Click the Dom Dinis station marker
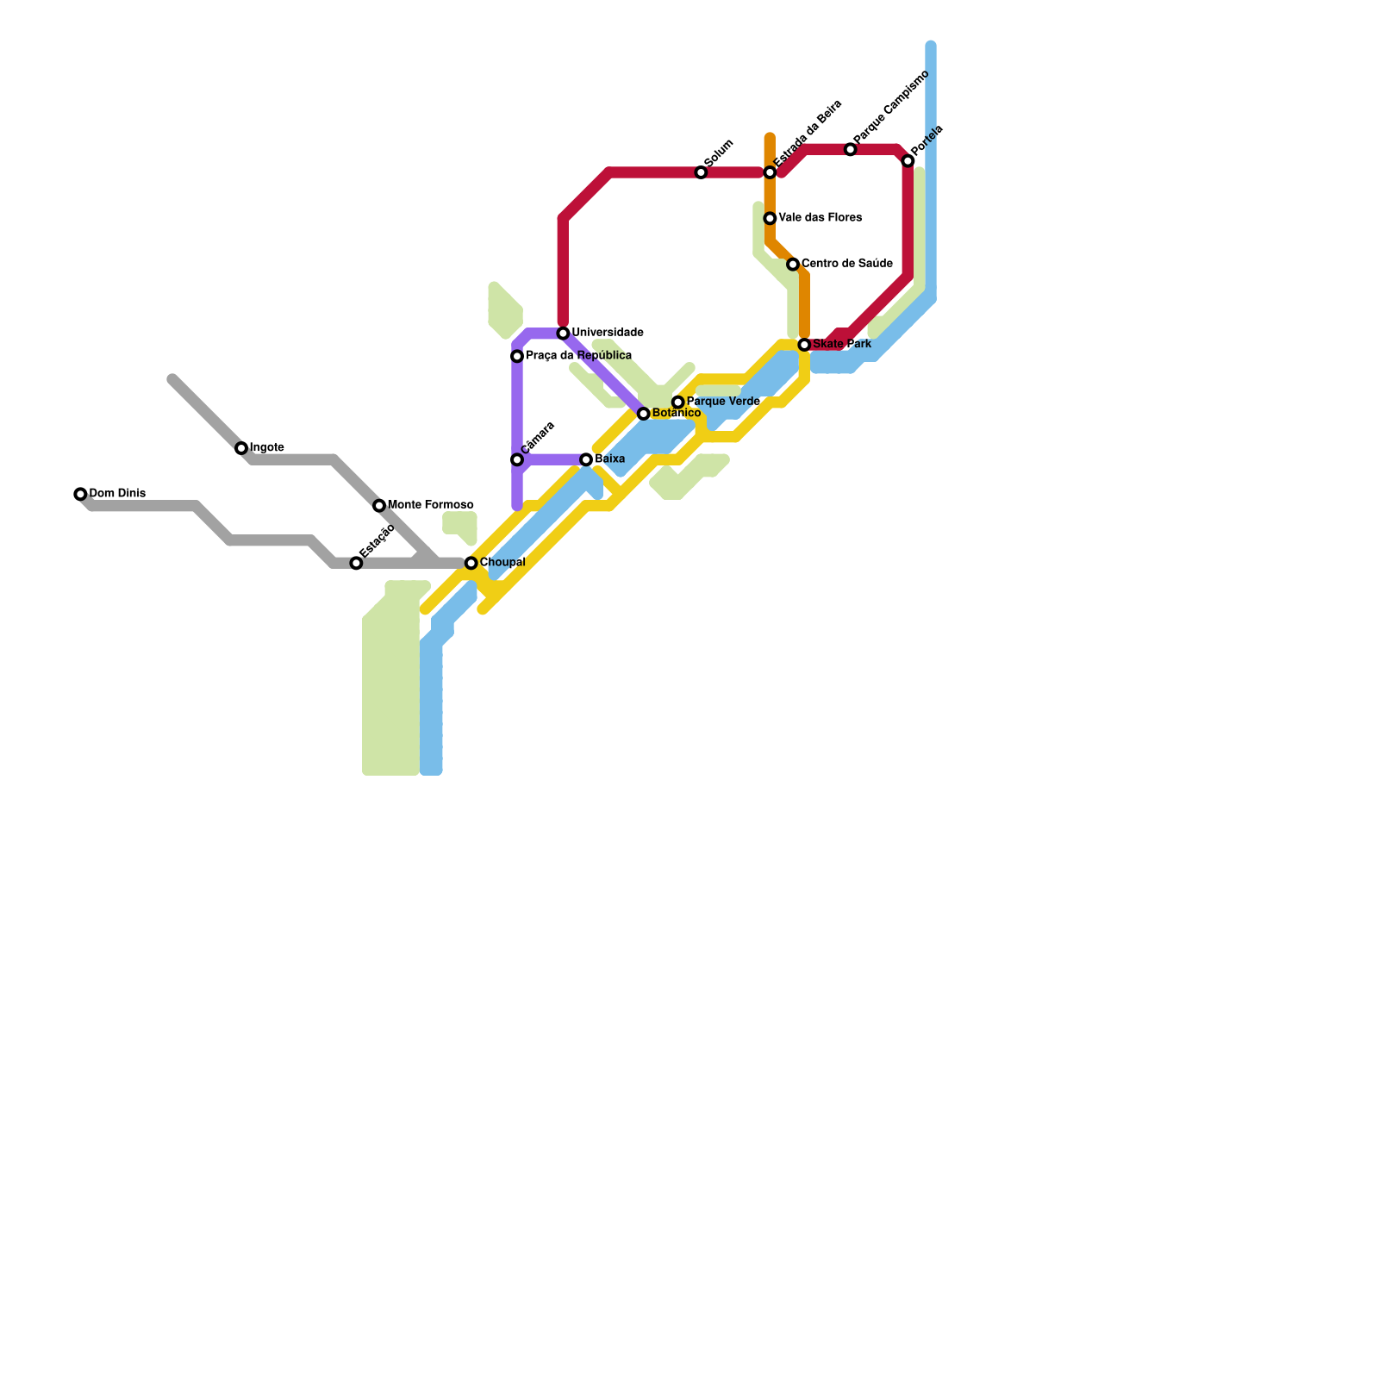[80, 494]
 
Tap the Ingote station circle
[241, 448]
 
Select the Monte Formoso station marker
[379, 506]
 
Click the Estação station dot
[356, 564]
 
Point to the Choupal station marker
[471, 564]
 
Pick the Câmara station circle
[517, 460]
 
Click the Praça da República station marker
[517, 357]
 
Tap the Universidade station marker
[563, 334]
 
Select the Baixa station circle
[586, 460]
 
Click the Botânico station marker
[643, 415]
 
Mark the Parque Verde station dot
[678, 402]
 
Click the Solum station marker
[701, 173]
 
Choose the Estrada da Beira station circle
[770, 173]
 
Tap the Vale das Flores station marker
[770, 219]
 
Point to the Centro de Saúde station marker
[793, 265]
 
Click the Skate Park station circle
[804, 345]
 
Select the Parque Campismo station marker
[850, 150]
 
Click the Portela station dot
[908, 161]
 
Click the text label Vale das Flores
[820, 218]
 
